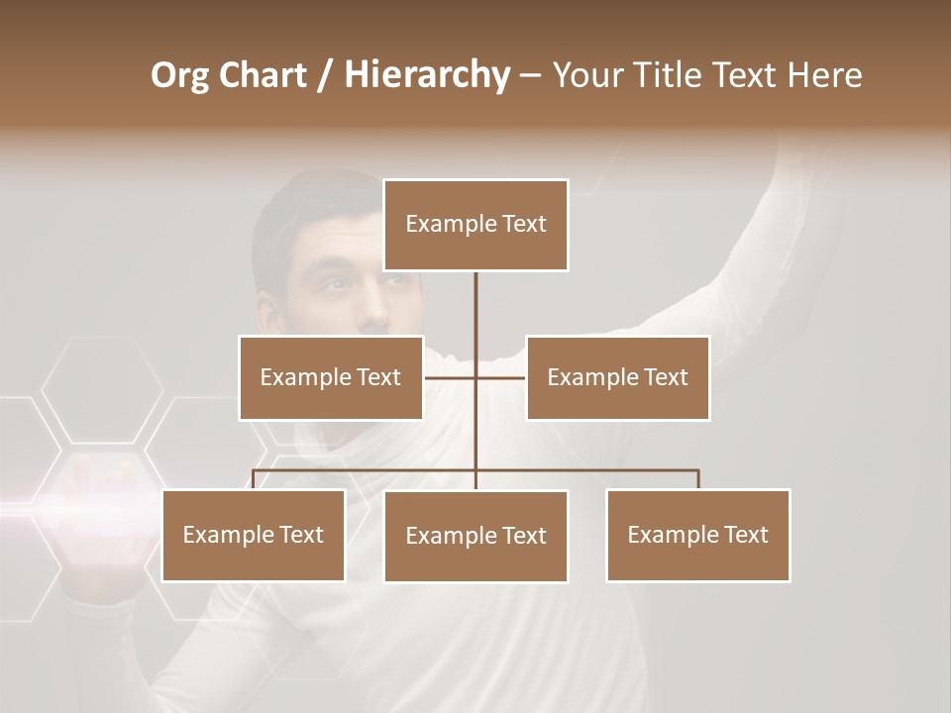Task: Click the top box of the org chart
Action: pos(475,225)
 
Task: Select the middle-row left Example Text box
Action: pos(331,377)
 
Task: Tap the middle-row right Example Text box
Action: pos(617,377)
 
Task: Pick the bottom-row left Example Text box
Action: pos(254,535)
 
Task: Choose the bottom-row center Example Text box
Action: pos(475,536)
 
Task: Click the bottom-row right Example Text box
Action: pos(697,535)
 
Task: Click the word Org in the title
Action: pos(179,76)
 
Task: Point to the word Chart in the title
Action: pos(262,75)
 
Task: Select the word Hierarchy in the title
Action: pos(427,75)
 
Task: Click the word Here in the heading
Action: pos(824,75)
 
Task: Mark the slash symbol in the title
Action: pos(325,76)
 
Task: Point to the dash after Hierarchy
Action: pos(530,76)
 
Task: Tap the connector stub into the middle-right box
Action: pos(501,377)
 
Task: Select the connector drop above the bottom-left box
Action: pos(254,479)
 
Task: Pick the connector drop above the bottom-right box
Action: pos(697,479)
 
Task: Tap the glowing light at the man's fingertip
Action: pos(94,485)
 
